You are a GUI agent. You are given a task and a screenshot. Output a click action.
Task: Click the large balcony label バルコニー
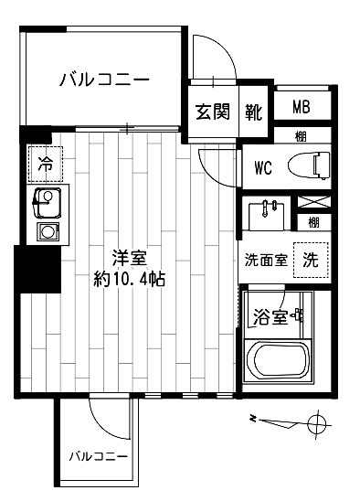coord(104,80)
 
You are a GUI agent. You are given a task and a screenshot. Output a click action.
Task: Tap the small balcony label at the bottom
coord(98,454)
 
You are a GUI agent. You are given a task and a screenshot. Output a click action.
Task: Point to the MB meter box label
coord(301,107)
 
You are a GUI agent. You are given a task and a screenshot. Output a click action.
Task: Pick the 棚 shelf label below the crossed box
coord(313,221)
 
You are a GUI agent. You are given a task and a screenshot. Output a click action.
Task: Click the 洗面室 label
coord(266,259)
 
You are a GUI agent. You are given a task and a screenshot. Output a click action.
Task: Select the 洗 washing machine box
coord(311,259)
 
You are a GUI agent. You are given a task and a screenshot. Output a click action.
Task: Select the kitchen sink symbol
coord(45,200)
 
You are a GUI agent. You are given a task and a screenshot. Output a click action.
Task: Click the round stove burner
coord(45,230)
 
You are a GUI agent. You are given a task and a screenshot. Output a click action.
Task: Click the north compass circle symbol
coord(317,423)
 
